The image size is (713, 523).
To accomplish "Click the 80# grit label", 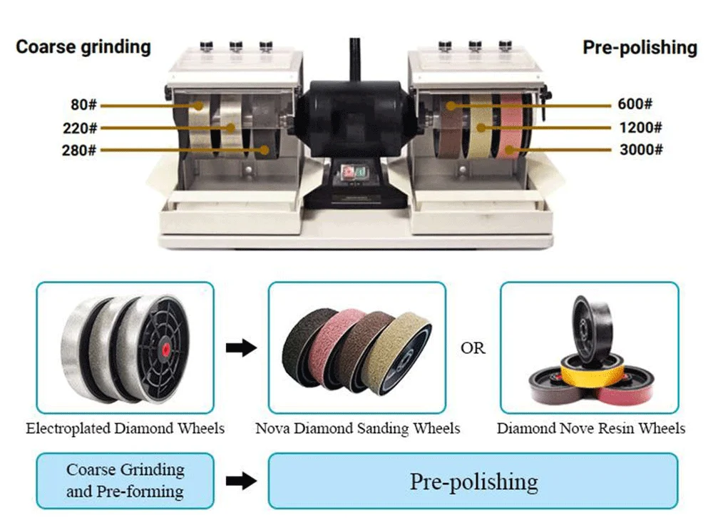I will (x=83, y=105).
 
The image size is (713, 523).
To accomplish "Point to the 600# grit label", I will (x=635, y=105).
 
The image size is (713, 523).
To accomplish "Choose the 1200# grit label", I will (x=640, y=128).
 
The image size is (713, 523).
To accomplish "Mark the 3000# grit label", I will (x=640, y=150).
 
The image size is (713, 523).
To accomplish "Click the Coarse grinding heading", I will (x=83, y=47).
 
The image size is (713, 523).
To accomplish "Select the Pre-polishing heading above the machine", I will (x=640, y=47).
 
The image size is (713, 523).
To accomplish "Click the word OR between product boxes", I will (x=473, y=348).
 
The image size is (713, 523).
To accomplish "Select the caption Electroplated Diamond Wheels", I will (x=125, y=429).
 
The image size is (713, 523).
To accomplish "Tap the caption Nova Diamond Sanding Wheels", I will (x=358, y=429).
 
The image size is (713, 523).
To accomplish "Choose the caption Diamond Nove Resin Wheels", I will (x=591, y=429).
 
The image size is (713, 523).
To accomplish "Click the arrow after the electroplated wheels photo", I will (x=240, y=348).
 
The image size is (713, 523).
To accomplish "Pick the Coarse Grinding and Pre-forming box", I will (x=125, y=481).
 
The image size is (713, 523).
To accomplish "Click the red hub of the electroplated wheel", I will (x=166, y=348).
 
